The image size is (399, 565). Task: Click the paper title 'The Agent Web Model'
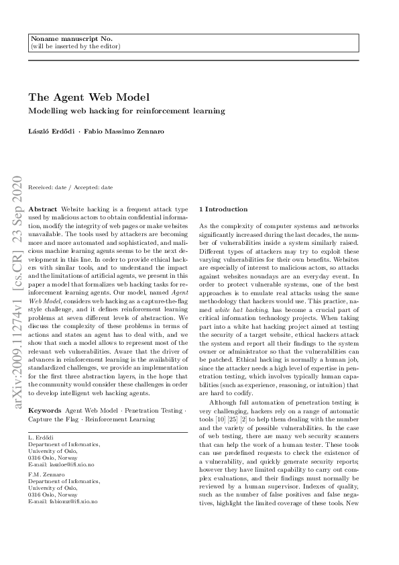coord(89,97)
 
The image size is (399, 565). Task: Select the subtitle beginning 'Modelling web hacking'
coord(126,111)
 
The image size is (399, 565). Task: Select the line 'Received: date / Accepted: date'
coord(70,187)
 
